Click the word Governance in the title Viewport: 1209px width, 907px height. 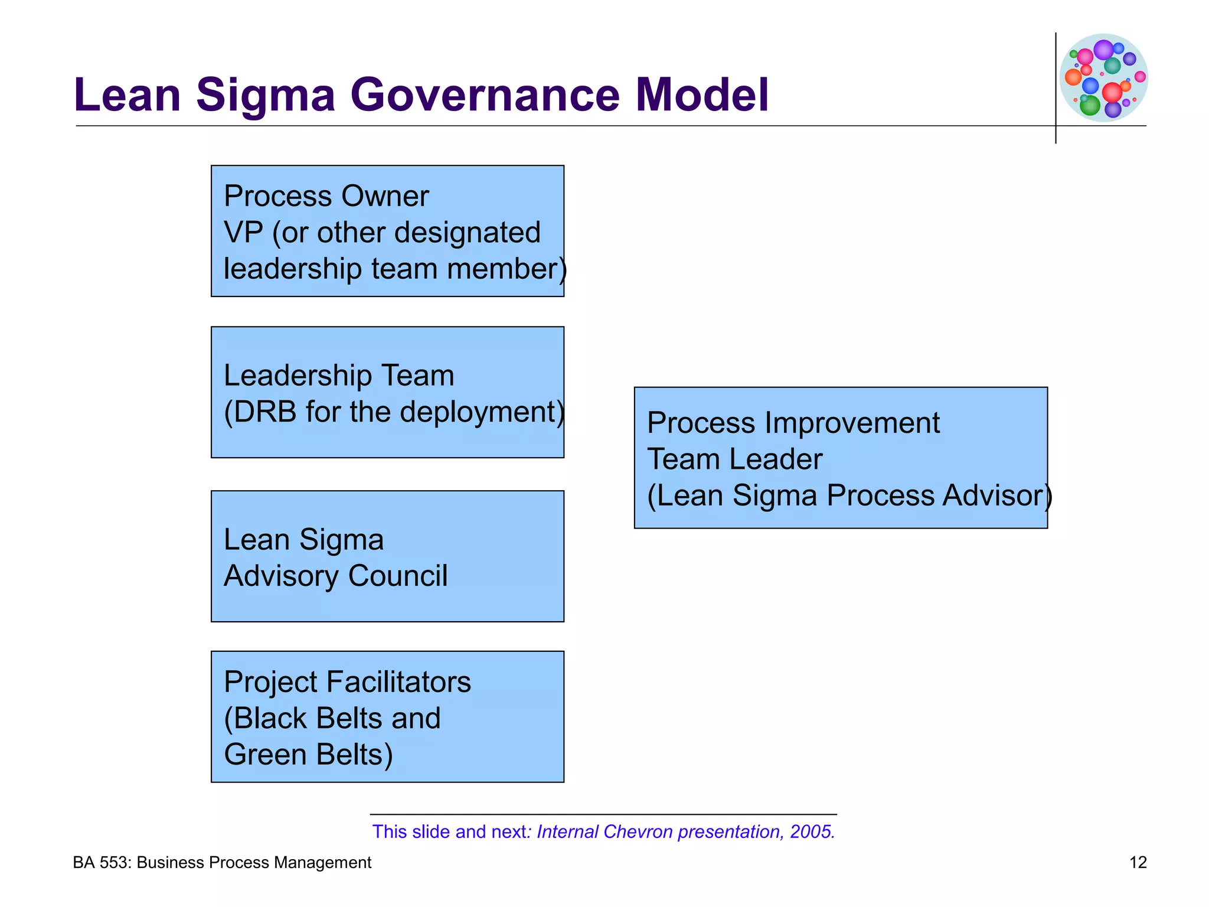(485, 95)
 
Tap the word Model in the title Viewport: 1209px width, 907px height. (702, 95)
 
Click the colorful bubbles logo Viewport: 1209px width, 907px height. (1103, 77)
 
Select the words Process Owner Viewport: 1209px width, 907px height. (326, 197)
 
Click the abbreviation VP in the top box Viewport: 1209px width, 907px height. (243, 233)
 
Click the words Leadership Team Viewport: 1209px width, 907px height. (339, 376)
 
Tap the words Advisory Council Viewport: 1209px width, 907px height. (335, 576)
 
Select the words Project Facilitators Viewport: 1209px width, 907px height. (347, 683)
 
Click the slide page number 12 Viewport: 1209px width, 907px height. (1138, 863)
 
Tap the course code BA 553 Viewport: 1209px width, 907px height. (101, 863)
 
